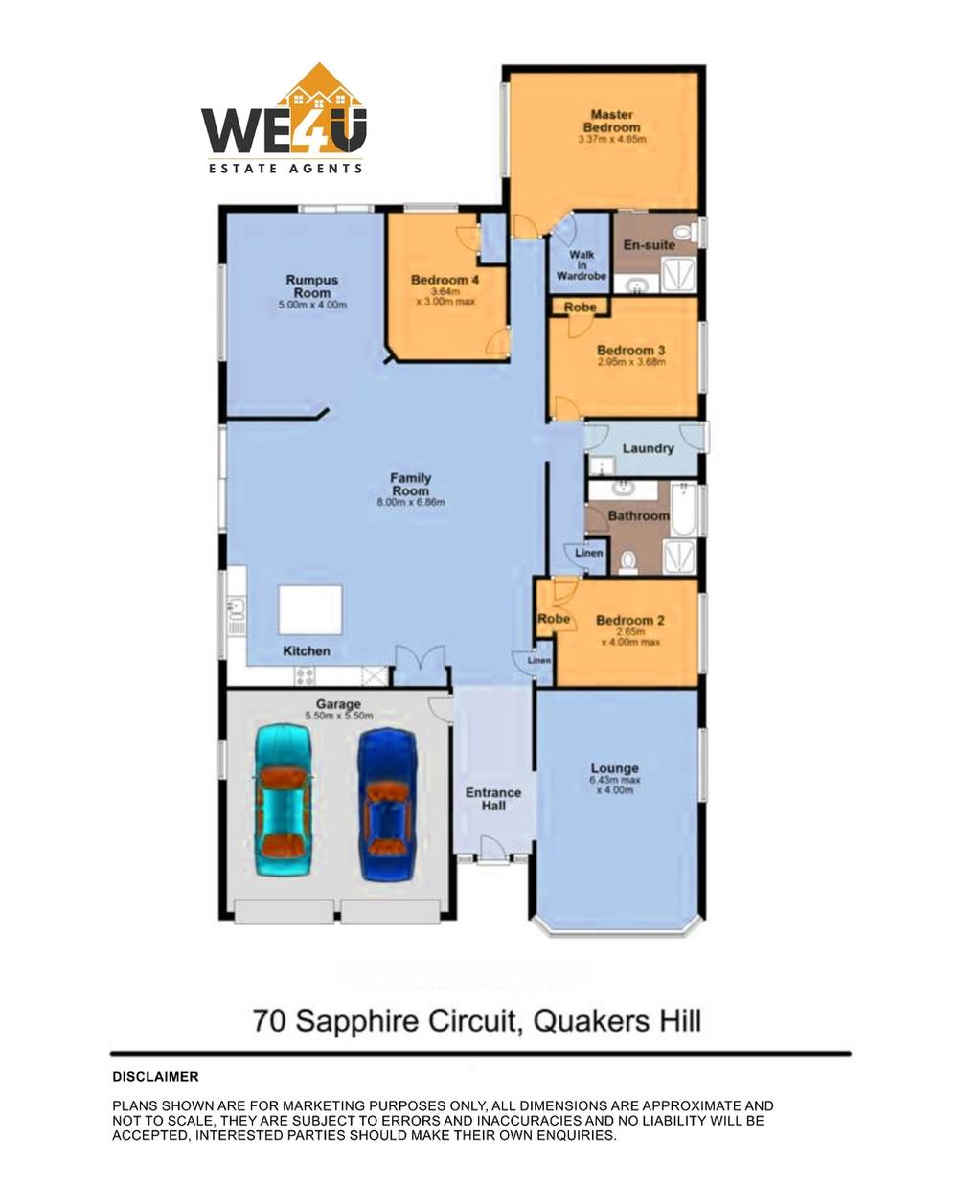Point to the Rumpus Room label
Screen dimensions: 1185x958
[311, 286]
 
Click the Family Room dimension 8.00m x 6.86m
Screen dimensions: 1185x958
[410, 502]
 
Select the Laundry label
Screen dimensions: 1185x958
[648, 448]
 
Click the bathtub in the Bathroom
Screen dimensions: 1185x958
[683, 511]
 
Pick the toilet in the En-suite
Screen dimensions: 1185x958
[684, 232]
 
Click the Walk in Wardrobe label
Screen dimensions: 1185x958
[582, 265]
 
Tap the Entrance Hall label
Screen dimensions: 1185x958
[493, 799]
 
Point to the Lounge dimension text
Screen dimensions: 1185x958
[614, 786]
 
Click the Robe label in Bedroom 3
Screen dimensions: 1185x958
[580, 308]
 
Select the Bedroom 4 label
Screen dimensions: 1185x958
[445, 280]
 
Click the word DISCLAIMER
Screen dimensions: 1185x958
[155, 1077]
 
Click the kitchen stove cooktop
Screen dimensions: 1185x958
[306, 675]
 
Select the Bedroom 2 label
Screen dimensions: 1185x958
[629, 621]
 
